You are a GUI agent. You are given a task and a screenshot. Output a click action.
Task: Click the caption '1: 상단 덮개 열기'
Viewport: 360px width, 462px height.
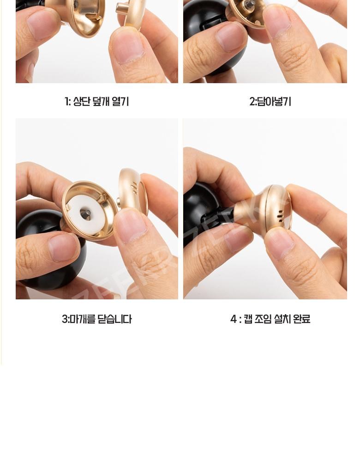coord(96,102)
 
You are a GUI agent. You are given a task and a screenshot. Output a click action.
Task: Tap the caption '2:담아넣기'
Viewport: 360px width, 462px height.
coord(270,102)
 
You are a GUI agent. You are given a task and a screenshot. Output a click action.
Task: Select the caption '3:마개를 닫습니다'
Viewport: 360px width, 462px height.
coord(96,319)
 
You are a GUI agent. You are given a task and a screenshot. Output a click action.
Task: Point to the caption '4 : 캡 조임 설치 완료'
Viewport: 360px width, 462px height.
coord(270,319)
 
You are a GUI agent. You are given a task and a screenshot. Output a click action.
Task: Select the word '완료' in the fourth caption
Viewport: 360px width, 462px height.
coord(302,319)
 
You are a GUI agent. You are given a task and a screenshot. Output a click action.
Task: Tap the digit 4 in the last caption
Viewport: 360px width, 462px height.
coord(233,319)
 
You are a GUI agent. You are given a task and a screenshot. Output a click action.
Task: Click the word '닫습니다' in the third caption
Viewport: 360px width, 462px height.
coord(114,319)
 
